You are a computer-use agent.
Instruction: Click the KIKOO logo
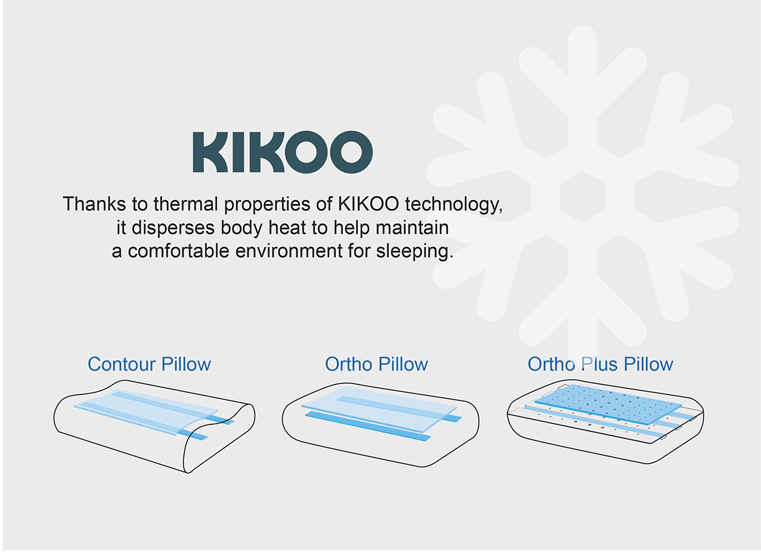(282, 151)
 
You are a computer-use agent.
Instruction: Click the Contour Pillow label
(149, 364)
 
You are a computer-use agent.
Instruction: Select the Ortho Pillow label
(376, 364)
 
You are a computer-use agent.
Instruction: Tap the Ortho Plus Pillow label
(600, 364)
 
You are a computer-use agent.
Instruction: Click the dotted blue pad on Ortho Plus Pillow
(608, 402)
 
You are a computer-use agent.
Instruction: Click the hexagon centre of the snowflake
(582, 196)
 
